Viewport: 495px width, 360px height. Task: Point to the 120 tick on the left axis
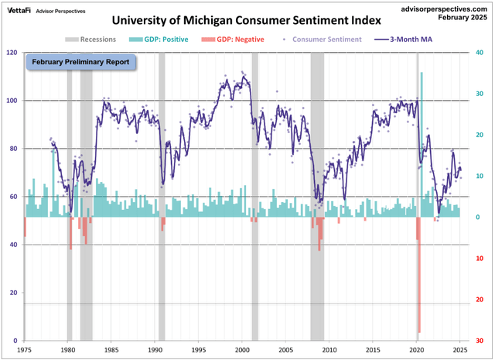click(x=11, y=53)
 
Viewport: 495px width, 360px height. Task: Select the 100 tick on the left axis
click(x=11, y=101)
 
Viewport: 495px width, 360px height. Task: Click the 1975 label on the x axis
click(x=24, y=350)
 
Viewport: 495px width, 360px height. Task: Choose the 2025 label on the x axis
click(x=459, y=350)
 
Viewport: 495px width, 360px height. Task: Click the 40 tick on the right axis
click(x=480, y=53)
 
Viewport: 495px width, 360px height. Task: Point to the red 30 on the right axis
click(x=480, y=341)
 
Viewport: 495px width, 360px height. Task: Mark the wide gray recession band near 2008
click(x=317, y=194)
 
